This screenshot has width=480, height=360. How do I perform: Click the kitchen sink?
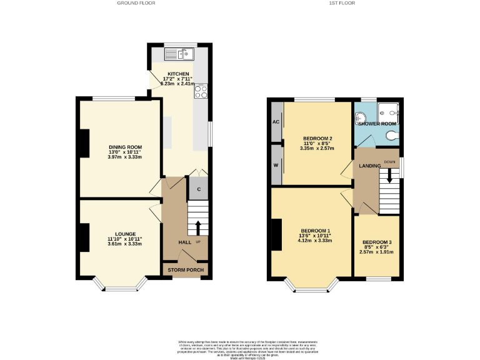[x=186, y=54]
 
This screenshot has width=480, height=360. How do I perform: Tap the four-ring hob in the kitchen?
[x=202, y=92]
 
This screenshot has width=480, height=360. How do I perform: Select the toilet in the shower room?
[x=392, y=134]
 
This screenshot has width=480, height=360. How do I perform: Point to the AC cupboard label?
[x=275, y=122]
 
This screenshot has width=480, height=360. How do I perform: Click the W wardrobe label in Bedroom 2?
[x=275, y=166]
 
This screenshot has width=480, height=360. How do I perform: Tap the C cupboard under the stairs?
[x=198, y=189]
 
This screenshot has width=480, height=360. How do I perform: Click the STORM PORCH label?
[x=185, y=270]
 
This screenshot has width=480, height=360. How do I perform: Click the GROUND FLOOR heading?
[x=136, y=3]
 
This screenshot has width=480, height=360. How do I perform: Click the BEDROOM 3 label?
[x=377, y=242]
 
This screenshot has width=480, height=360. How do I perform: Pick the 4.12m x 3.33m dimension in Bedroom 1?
[x=316, y=240]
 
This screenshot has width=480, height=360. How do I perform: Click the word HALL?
[x=185, y=242]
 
